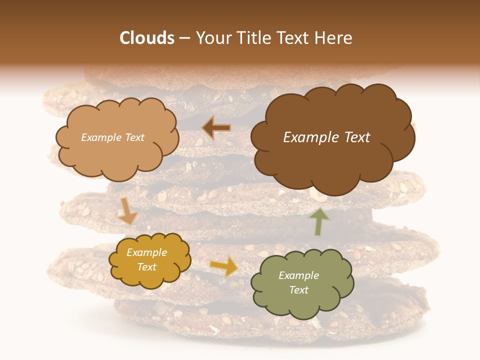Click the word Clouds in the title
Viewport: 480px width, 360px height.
coord(146,38)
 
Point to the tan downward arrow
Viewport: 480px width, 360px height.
coord(127,211)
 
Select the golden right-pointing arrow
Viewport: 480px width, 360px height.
coord(224,265)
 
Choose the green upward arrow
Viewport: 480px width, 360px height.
coord(319,220)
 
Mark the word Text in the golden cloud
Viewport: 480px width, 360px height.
coord(146,267)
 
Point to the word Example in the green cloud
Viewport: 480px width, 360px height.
coord(298,275)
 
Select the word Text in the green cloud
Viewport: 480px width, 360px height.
coord(298,290)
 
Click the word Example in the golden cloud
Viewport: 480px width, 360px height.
coord(146,252)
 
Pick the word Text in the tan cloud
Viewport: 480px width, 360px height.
coord(134,137)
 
